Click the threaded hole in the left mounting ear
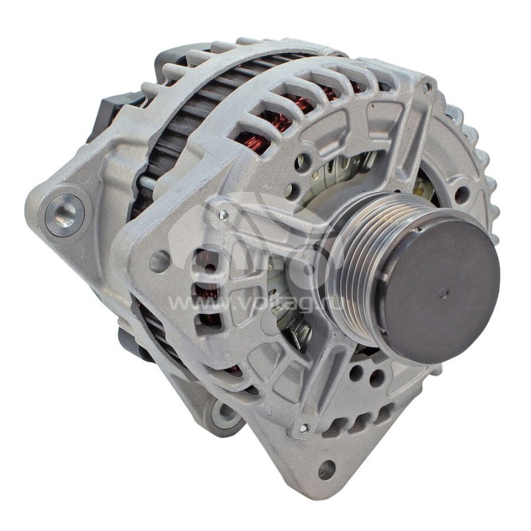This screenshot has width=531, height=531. pyautogui.click(x=64, y=213)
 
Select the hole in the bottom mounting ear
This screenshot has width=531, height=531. pyautogui.click(x=325, y=470)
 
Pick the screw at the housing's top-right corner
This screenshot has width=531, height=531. pyautogui.click(x=426, y=86)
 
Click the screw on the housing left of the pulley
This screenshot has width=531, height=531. pyautogui.click(x=224, y=214)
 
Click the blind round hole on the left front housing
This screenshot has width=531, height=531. pyautogui.click(x=159, y=261)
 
